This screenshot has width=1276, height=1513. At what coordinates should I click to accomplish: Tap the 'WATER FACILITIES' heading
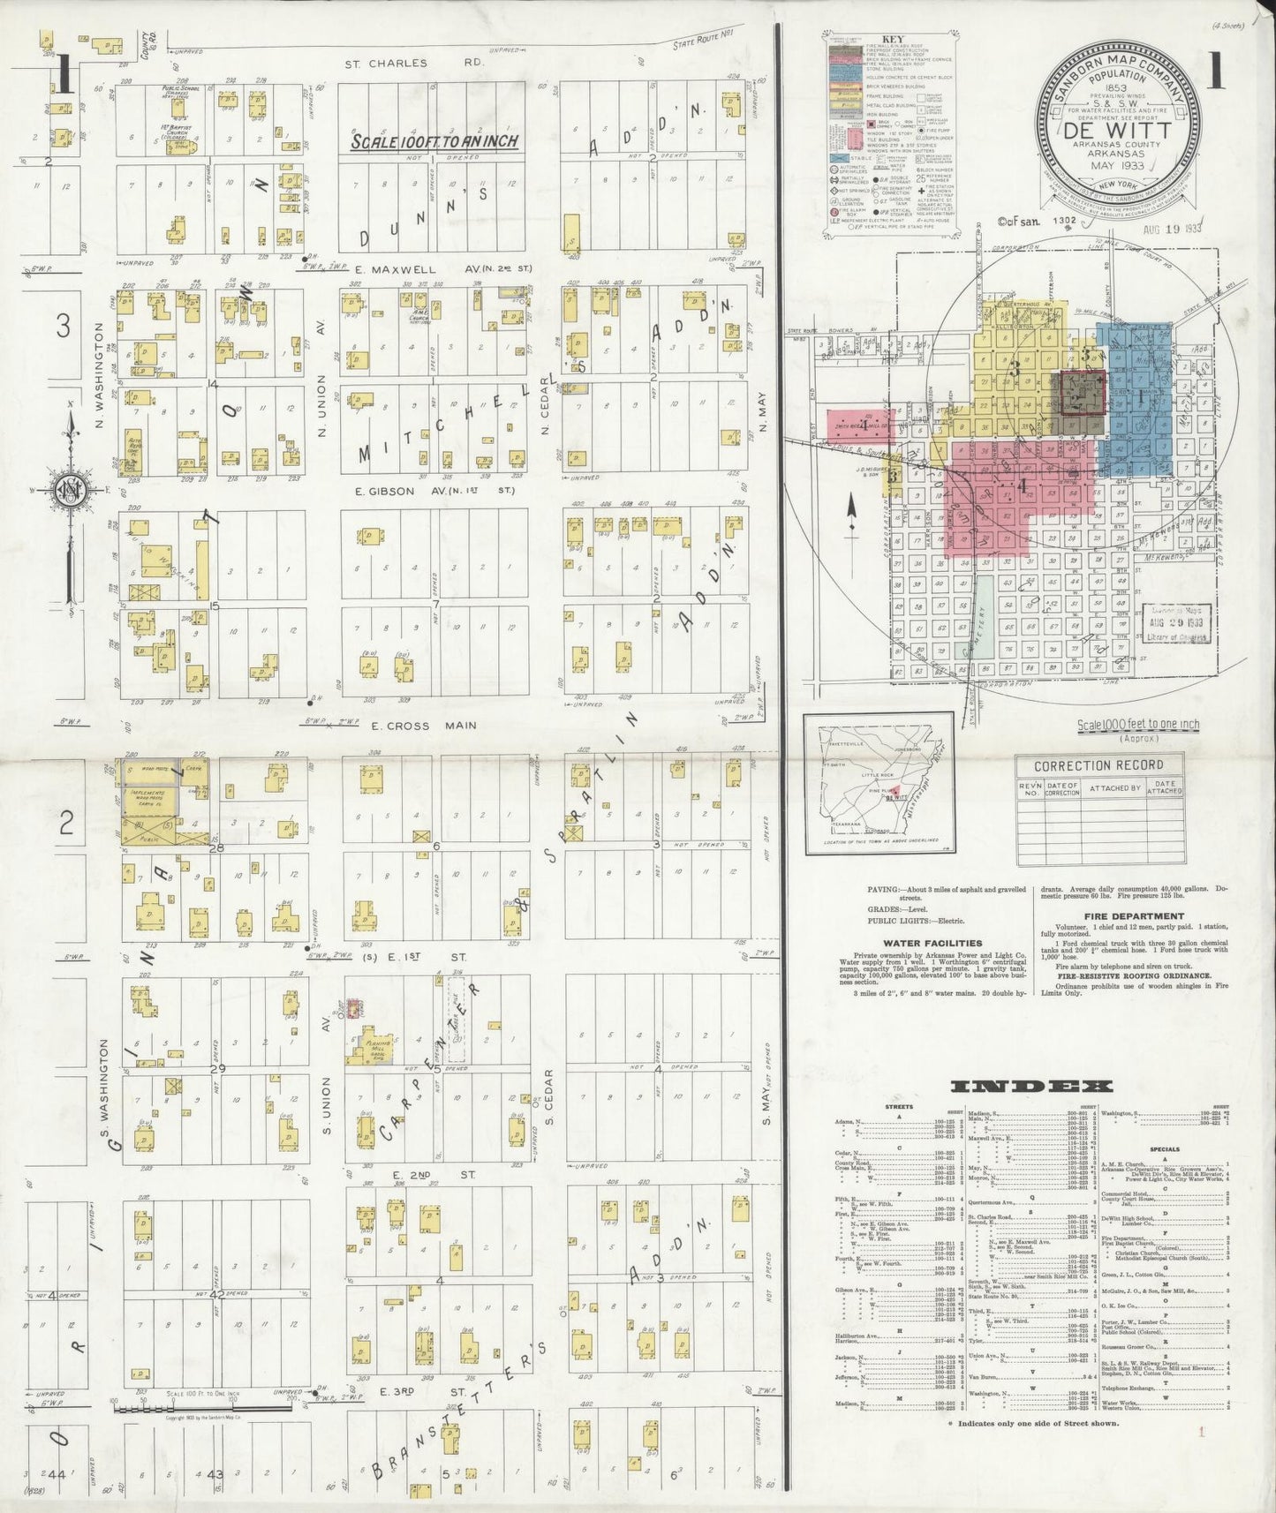[x=920, y=943]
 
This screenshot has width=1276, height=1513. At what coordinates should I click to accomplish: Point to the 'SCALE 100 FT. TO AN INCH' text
[x=434, y=141]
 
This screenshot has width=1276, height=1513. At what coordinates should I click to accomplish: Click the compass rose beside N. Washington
[x=67, y=491]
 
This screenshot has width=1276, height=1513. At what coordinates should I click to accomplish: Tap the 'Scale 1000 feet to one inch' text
[x=1137, y=726]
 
